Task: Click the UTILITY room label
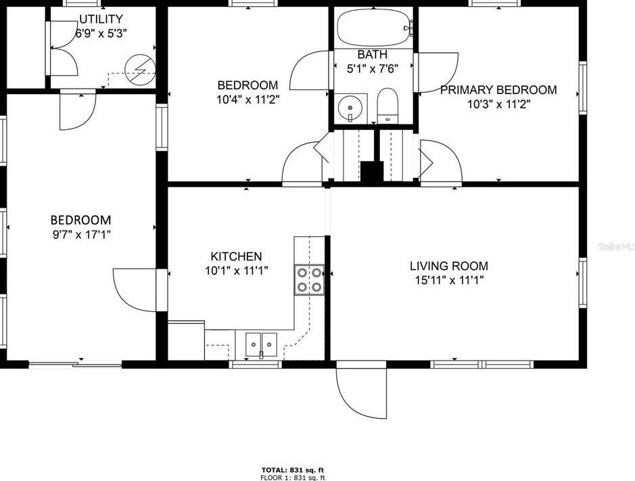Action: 101,19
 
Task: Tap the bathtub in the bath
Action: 374,28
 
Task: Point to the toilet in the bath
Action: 387,105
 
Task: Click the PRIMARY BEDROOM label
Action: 498,90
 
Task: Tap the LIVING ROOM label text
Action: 449,266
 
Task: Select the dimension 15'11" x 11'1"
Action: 449,279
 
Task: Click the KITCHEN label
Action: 236,256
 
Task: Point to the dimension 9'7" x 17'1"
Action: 80,235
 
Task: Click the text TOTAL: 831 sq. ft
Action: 293,469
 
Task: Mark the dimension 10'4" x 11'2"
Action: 247,99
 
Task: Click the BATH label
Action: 373,54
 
